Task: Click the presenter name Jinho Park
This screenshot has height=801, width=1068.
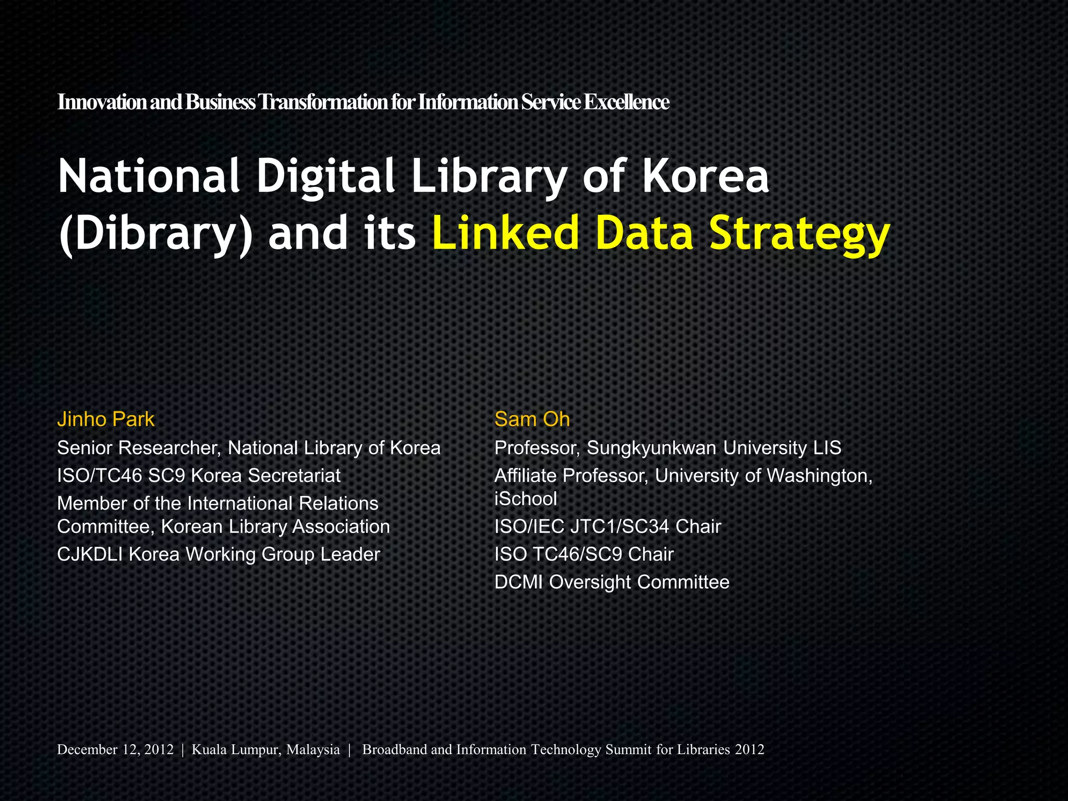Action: (106, 419)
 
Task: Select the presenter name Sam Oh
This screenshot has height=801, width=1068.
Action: (532, 419)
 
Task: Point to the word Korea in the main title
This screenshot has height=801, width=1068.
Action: (705, 176)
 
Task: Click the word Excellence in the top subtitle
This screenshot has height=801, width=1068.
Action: (626, 102)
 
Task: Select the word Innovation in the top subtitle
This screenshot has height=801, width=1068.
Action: (102, 102)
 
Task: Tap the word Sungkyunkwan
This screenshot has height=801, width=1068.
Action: (651, 448)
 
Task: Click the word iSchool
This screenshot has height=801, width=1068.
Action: (526, 499)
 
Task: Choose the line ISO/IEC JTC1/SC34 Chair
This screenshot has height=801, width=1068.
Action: (608, 527)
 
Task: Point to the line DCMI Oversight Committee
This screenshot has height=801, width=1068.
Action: (612, 582)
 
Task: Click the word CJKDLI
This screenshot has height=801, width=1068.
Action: (90, 554)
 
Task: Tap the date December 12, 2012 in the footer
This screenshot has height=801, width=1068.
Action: (115, 750)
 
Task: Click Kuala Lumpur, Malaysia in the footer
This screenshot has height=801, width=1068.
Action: (265, 750)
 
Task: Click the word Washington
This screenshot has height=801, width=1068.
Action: (817, 476)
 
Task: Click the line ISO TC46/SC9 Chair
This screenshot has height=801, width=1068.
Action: (584, 554)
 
